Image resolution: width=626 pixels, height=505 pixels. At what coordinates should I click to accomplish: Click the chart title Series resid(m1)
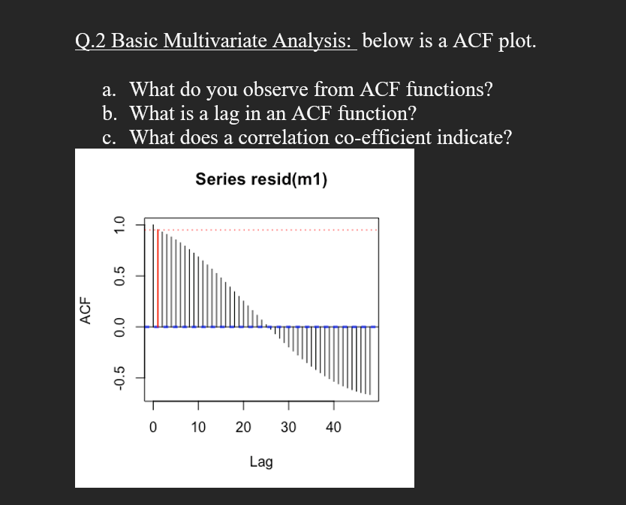coord(261,179)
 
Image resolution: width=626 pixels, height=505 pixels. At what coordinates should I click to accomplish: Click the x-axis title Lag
coord(261,461)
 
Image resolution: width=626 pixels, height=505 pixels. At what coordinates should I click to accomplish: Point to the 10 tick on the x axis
coord(198,428)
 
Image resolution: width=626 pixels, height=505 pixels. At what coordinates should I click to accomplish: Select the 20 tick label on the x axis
coord(243,428)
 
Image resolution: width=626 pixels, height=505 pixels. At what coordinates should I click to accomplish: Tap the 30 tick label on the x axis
coord(288,428)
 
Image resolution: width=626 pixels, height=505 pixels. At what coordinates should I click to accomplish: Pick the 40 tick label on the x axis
coord(333,428)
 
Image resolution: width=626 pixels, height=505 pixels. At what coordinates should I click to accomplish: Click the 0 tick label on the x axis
coord(153,428)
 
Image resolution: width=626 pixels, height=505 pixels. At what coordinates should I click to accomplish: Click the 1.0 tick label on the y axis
coord(117,224)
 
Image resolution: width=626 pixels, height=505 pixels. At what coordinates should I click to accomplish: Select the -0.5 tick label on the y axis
coord(117,379)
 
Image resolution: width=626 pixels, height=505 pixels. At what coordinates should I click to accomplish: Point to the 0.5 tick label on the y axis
coord(117,275)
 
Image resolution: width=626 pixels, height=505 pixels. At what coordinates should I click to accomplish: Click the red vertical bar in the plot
coord(158,278)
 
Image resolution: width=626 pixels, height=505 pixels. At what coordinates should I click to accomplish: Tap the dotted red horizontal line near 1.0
coord(270,230)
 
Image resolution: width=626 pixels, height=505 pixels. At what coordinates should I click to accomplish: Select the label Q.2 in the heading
coord(91,41)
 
